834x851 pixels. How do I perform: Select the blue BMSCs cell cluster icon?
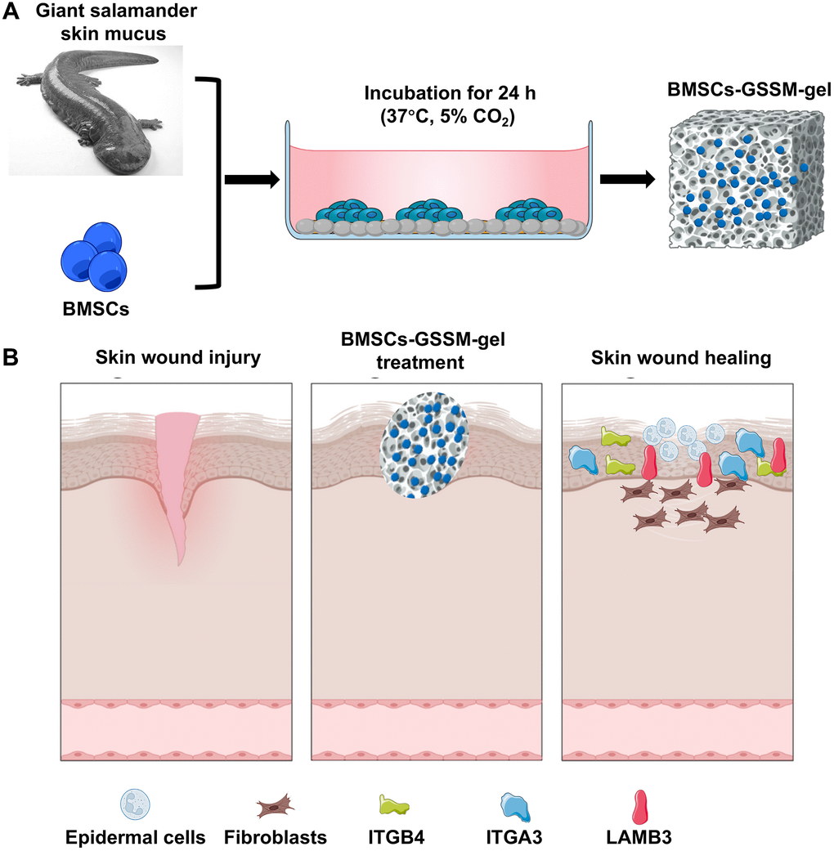coord(96,254)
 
